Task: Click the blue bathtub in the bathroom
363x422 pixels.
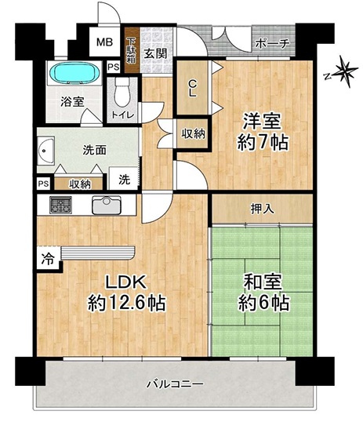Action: coord(74,72)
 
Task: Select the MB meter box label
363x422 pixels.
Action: coord(105,42)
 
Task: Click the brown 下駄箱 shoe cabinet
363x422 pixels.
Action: coord(132,51)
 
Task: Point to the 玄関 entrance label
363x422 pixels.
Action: coord(155,53)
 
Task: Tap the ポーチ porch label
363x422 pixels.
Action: coord(272,44)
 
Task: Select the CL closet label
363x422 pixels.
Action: coord(192,89)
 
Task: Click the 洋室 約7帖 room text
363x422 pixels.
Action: coord(263,132)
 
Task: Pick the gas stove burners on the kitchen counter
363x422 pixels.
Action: coord(60,205)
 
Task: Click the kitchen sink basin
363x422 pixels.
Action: coord(107,205)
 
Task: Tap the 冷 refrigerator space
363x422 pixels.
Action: coord(48,259)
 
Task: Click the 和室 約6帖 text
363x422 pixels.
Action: coord(263,293)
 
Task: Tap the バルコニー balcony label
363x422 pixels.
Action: coord(175,384)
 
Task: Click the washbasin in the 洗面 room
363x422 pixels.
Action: coord(45,151)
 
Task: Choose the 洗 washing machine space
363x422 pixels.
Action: coord(125,179)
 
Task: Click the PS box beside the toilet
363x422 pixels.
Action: coord(113,67)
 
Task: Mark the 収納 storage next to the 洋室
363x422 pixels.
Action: coord(193,134)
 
